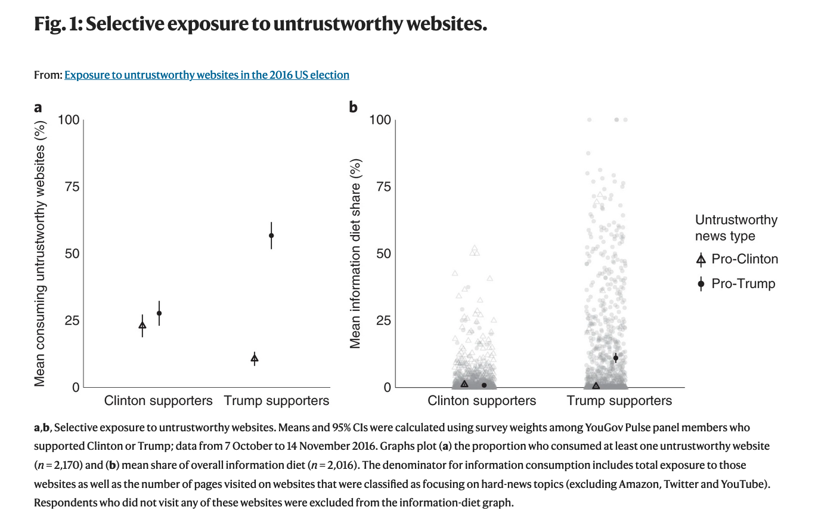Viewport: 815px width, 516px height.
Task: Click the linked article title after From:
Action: pyautogui.click(x=206, y=75)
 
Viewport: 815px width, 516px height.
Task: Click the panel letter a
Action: pyautogui.click(x=38, y=107)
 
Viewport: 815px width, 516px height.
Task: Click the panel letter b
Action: pyautogui.click(x=353, y=107)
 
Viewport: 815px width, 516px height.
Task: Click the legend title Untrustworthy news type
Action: pyautogui.click(x=736, y=228)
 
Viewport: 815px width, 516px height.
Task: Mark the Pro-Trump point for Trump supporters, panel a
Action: pyautogui.click(x=271, y=236)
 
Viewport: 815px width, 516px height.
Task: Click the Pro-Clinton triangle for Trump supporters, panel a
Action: pyautogui.click(x=255, y=359)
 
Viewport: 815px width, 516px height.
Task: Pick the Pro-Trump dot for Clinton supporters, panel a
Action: pyautogui.click(x=159, y=313)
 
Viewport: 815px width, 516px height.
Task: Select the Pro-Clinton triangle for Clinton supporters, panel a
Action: pyautogui.click(x=142, y=325)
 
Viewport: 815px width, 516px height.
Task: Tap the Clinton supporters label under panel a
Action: pyautogui.click(x=158, y=401)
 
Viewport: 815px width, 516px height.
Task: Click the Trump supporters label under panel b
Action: pyautogui.click(x=619, y=401)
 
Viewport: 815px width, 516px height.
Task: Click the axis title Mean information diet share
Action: pyautogui.click(x=356, y=254)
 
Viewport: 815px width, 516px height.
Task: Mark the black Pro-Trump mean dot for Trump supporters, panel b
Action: pyautogui.click(x=615, y=358)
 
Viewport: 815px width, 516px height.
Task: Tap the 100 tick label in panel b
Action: pyautogui.click(x=380, y=120)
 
